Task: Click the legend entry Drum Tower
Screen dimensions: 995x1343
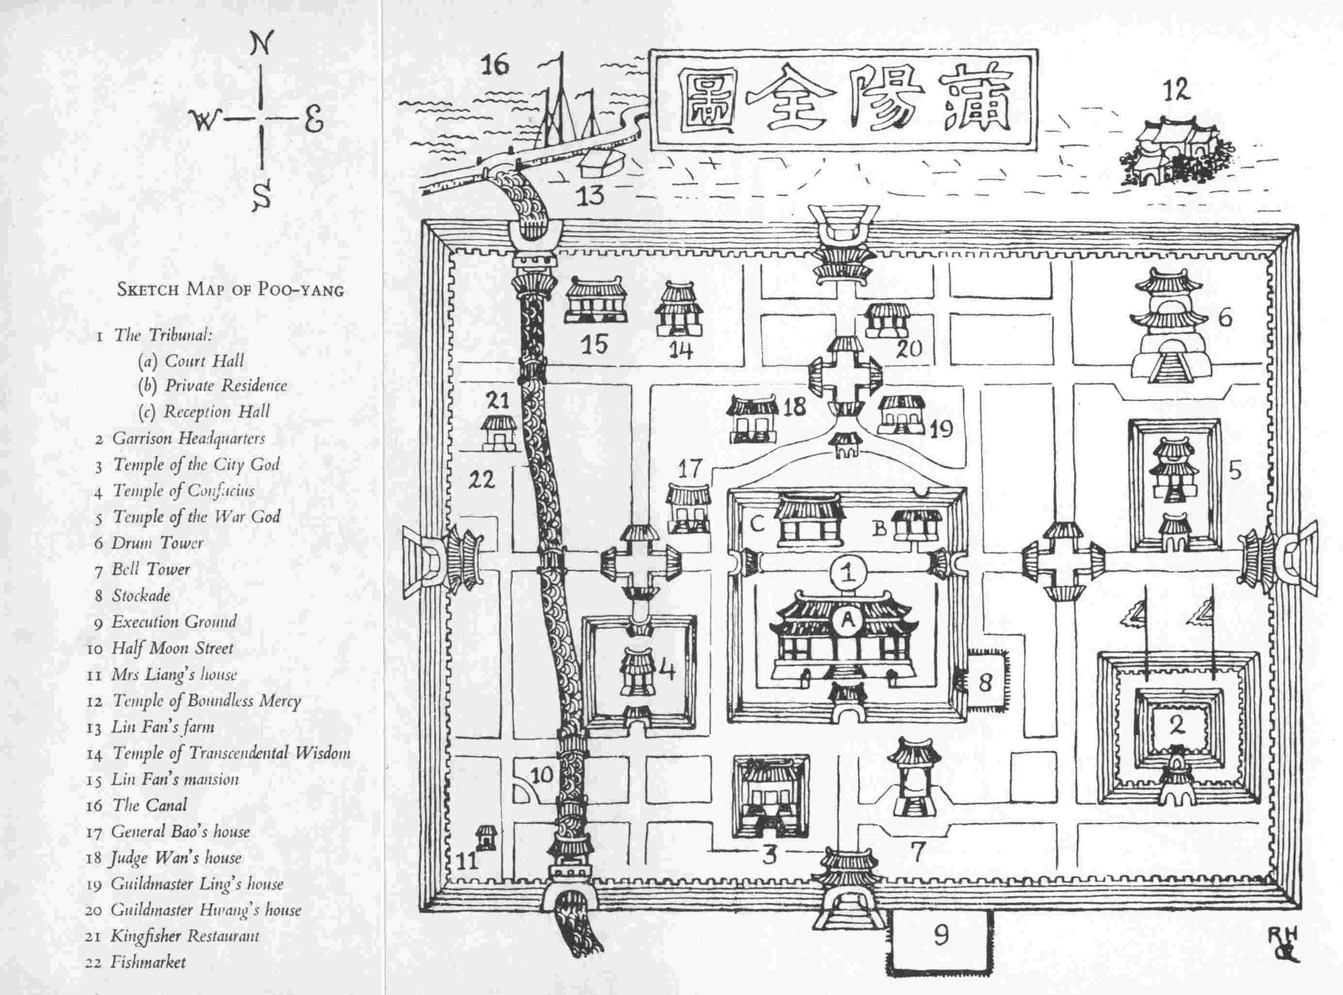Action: [157, 543]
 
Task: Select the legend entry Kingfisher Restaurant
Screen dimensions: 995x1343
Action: [184, 935]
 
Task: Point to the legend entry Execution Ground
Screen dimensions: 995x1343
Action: [174, 622]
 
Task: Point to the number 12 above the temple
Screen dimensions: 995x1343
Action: [1176, 91]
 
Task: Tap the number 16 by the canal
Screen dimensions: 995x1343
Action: [495, 65]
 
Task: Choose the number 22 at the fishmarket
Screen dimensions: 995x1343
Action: [482, 480]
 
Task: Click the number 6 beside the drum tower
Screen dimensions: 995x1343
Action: [1226, 318]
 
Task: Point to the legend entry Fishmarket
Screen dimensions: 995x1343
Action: [147, 962]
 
